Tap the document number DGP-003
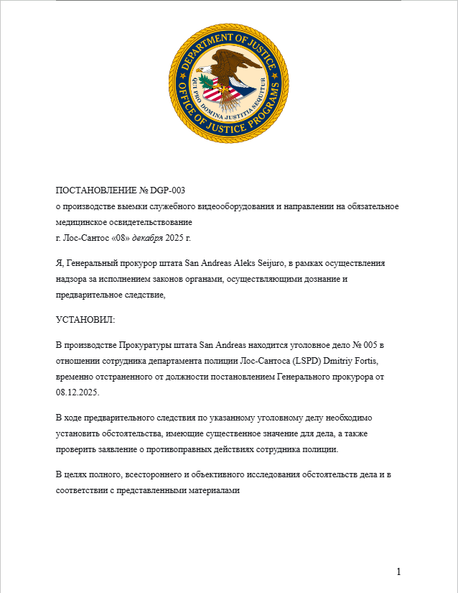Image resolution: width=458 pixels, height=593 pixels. tap(168, 190)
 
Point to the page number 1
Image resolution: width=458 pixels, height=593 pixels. tap(398, 571)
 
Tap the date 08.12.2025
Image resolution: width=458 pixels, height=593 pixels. tap(78, 393)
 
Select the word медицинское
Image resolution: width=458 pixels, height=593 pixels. tap(83, 221)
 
